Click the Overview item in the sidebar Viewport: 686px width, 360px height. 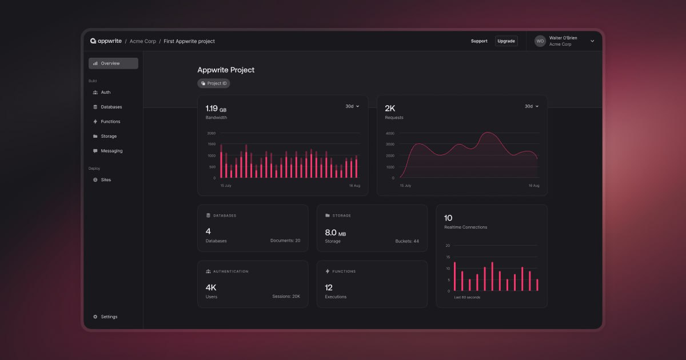pyautogui.click(x=113, y=63)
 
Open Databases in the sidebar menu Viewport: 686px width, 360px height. pyautogui.click(x=111, y=107)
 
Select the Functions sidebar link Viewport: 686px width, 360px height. pyautogui.click(x=110, y=122)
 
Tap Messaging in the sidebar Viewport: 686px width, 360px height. pyautogui.click(x=111, y=151)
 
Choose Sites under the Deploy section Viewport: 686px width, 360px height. pyautogui.click(x=106, y=180)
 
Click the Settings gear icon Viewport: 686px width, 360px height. pyautogui.click(x=95, y=317)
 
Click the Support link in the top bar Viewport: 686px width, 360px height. pyautogui.click(x=479, y=41)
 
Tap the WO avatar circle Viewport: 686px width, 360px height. pyautogui.click(x=540, y=41)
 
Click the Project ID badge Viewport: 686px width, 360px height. pyautogui.click(x=214, y=83)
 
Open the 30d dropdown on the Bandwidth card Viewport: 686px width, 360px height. pyautogui.click(x=352, y=106)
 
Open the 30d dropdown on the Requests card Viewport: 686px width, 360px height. pyautogui.click(x=532, y=106)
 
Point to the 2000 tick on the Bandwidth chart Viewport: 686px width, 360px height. pyautogui.click(x=212, y=133)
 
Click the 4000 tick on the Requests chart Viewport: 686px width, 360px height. pyautogui.click(x=390, y=133)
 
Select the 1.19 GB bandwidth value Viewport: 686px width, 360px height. pyautogui.click(x=216, y=108)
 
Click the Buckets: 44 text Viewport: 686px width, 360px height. pyautogui.click(x=407, y=241)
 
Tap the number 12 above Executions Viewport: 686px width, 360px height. pyautogui.click(x=329, y=287)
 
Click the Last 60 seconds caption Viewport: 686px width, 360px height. pyautogui.click(x=467, y=298)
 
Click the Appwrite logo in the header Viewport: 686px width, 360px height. pyautogui.click(x=106, y=41)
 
